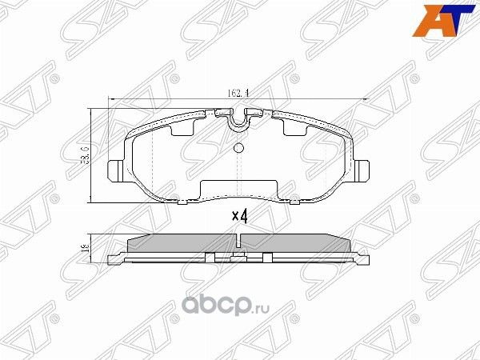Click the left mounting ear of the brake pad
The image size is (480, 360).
pos(114,171)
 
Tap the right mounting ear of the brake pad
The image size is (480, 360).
pos(364,170)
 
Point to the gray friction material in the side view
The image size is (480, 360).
pos(184,243)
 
